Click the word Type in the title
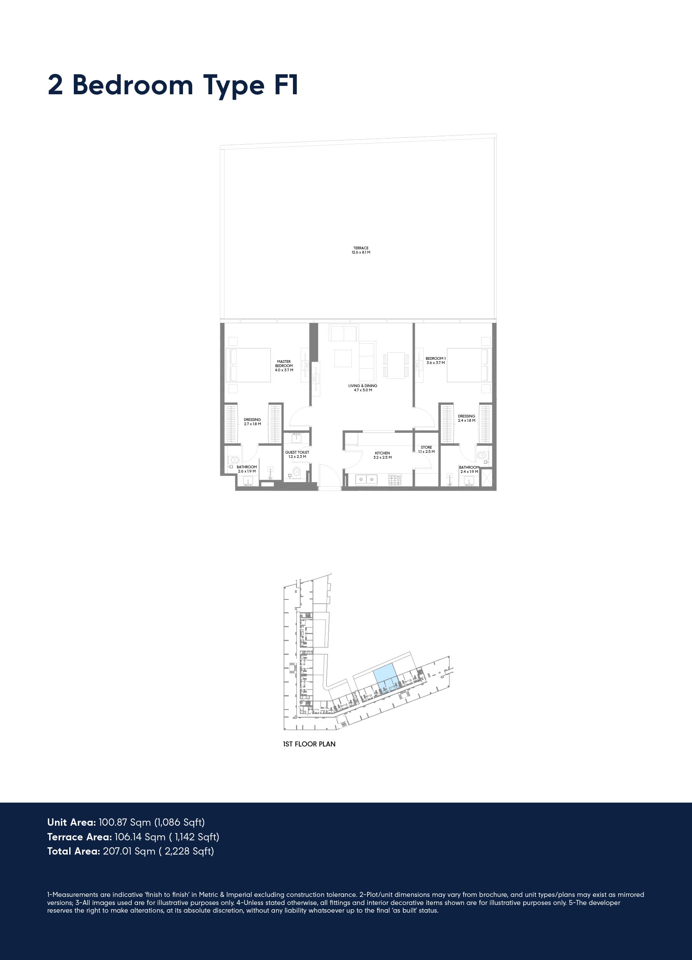[233, 86]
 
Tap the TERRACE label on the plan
[361, 248]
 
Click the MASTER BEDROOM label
[284, 364]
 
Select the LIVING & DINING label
[363, 386]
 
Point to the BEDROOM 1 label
[435, 359]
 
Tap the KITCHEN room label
[382, 453]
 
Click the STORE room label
[426, 447]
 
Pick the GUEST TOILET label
[297, 452]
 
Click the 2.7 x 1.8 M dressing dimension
[253, 424]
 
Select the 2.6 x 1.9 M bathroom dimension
[246, 471]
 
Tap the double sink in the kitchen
[366, 479]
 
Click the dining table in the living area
[396, 365]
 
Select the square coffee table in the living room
[343, 358]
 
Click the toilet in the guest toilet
[296, 472]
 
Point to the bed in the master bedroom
[249, 365]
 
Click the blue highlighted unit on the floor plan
[385, 673]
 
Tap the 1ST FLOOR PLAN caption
[309, 744]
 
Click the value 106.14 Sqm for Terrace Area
[140, 837]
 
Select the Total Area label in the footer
[73, 851]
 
